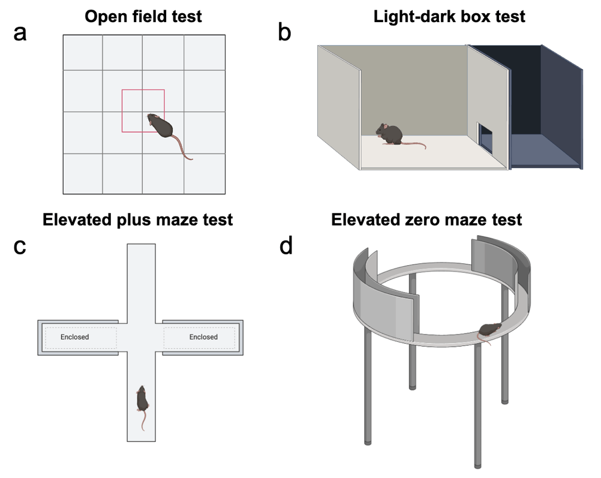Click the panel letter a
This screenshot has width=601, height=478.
point(20,33)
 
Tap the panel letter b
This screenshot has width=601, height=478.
point(284,33)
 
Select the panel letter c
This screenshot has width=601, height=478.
point(20,246)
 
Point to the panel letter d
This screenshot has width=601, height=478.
point(286,246)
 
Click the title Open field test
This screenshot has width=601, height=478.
point(143,16)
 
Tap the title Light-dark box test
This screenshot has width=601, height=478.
point(449,16)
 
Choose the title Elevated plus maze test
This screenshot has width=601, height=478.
point(137,220)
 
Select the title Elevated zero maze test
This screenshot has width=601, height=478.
point(426,220)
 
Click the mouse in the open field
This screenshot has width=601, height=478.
point(160,125)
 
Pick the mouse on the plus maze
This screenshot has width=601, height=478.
point(143,399)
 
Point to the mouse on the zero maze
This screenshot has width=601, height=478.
point(490,329)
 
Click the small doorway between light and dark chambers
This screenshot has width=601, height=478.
point(485,137)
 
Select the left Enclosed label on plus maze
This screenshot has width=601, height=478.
point(74,337)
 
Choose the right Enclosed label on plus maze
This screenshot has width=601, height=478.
point(203,337)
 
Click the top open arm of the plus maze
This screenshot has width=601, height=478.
point(142,276)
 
